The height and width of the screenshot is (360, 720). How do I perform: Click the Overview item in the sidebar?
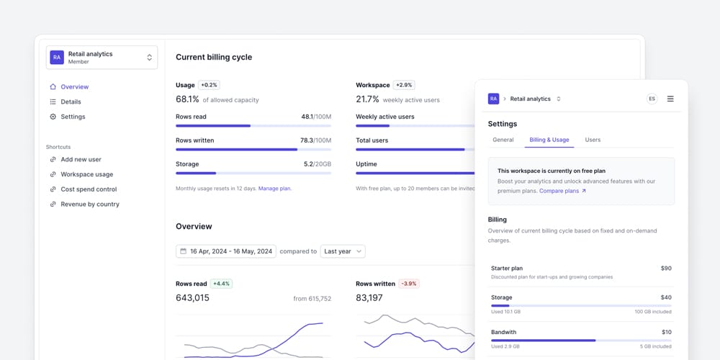pos(74,87)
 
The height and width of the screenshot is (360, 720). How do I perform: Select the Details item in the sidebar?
pos(71,102)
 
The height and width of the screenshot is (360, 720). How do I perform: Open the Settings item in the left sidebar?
pos(73,117)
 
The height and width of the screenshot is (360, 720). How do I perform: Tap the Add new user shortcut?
pos(81,160)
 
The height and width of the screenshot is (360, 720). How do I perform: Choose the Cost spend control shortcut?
pos(88,189)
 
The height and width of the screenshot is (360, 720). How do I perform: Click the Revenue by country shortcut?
pos(89,204)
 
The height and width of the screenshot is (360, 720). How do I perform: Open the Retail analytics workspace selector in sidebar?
pos(102,58)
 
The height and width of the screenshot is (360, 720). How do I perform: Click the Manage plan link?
pos(274,189)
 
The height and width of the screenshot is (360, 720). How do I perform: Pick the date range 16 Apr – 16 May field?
pos(225,251)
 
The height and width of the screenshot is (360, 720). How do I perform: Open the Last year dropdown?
pos(343,251)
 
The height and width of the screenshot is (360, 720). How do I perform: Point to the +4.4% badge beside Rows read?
pos(221,284)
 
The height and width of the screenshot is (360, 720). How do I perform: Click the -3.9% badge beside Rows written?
pos(409,284)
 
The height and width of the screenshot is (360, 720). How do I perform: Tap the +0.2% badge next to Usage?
pos(210,85)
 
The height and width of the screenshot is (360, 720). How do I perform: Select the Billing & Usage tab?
pos(549,140)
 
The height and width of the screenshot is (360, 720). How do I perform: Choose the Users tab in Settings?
pos(593,140)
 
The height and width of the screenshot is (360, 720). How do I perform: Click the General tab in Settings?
pos(503,140)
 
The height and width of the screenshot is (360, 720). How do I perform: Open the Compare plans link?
pos(562,191)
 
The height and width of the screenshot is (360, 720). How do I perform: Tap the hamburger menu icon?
pos(670,99)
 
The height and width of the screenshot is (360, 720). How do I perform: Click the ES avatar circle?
pos(652,99)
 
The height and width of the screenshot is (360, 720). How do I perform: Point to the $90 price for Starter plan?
pos(665,269)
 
